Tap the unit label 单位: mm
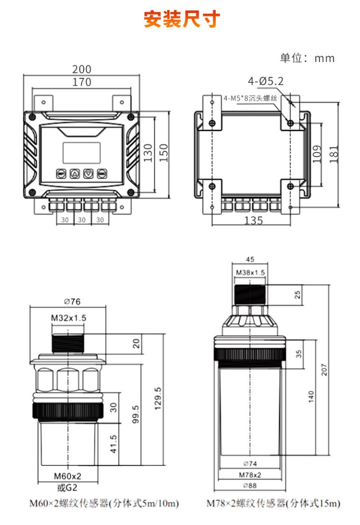click(307, 58)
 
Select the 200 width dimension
click(82, 69)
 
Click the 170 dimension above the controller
click(82, 82)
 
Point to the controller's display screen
click(81, 153)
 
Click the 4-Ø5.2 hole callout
click(265, 81)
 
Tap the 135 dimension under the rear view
click(253, 220)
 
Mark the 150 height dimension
click(163, 153)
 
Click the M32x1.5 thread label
click(69, 318)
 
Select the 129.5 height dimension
click(158, 398)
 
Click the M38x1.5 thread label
click(251, 273)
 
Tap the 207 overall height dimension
click(324, 370)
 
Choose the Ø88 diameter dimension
click(250, 486)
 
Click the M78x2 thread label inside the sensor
click(250, 475)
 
